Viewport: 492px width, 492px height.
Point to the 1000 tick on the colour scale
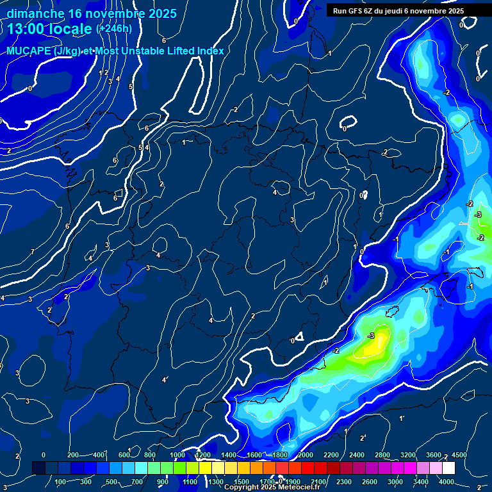coord(177,455)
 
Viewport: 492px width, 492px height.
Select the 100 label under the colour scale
coord(61,481)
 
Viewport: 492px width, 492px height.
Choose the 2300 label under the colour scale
coord(343,481)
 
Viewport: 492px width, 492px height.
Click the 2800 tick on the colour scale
coord(382,455)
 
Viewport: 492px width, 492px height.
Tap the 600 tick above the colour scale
coord(124,455)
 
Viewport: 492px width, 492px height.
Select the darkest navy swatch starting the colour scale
coord(38,468)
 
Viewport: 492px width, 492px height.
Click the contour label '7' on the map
coord(32,252)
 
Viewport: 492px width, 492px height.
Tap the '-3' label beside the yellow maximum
coord(371,336)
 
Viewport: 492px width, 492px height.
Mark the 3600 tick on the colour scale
coord(434,455)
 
